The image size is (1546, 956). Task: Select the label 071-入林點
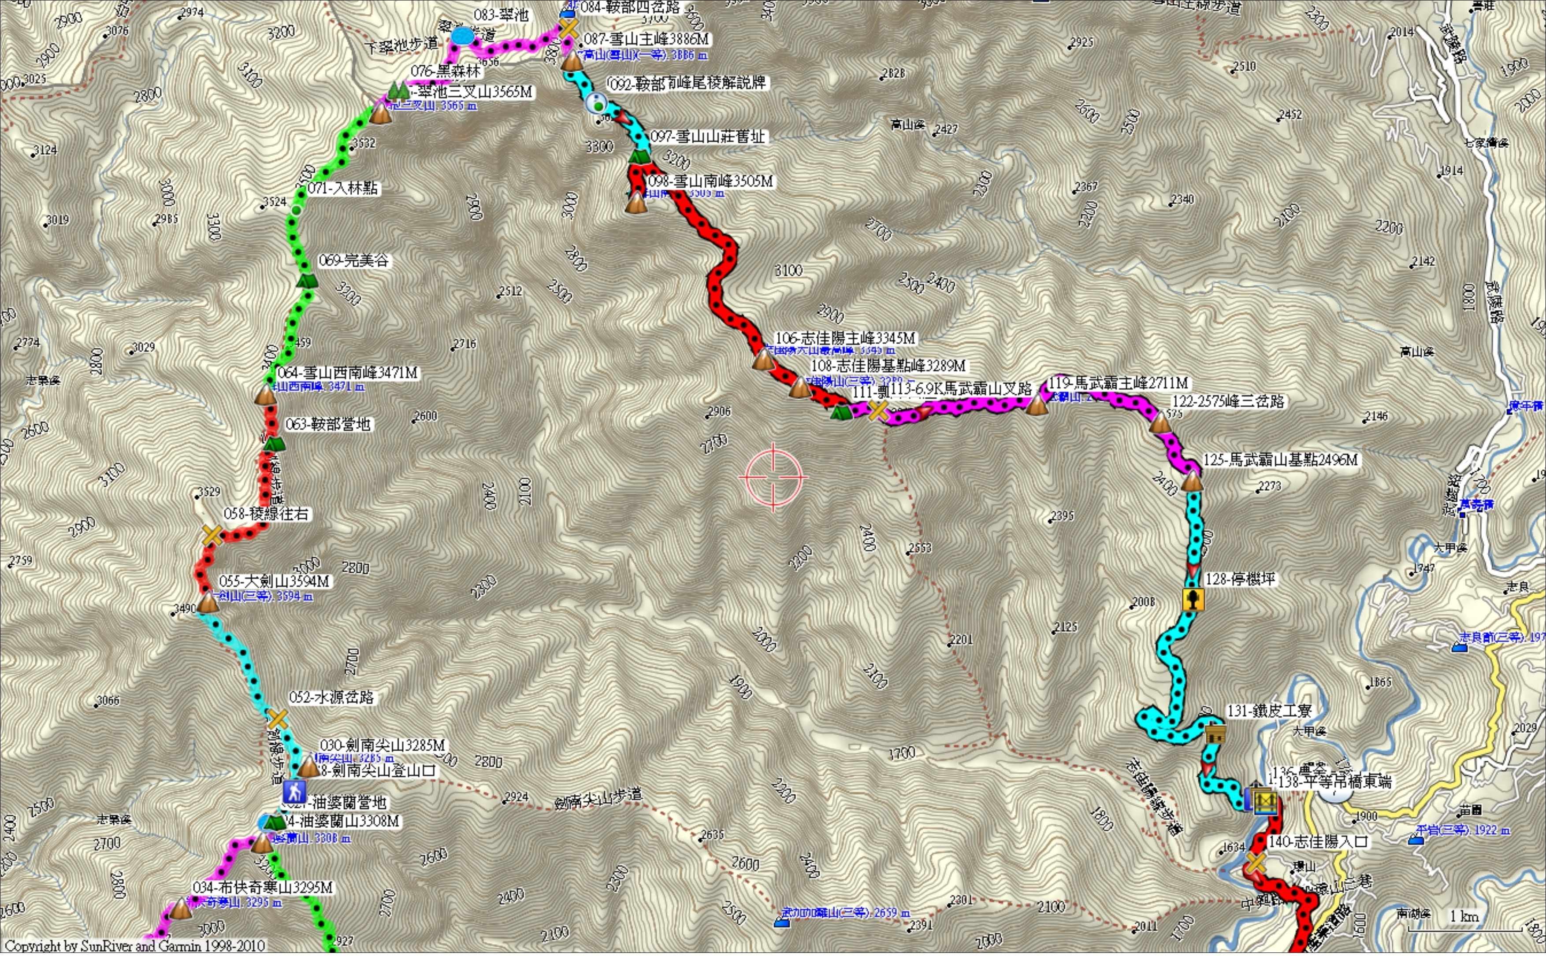click(x=343, y=189)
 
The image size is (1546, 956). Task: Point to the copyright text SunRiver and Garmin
click(x=133, y=946)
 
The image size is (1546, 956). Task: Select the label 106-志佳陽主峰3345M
click(x=845, y=339)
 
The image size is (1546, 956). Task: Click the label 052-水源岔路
click(x=331, y=697)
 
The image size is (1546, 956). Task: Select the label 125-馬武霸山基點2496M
click(x=1280, y=459)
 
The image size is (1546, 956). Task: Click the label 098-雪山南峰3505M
click(x=710, y=182)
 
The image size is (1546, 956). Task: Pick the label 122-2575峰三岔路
click(x=1227, y=401)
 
